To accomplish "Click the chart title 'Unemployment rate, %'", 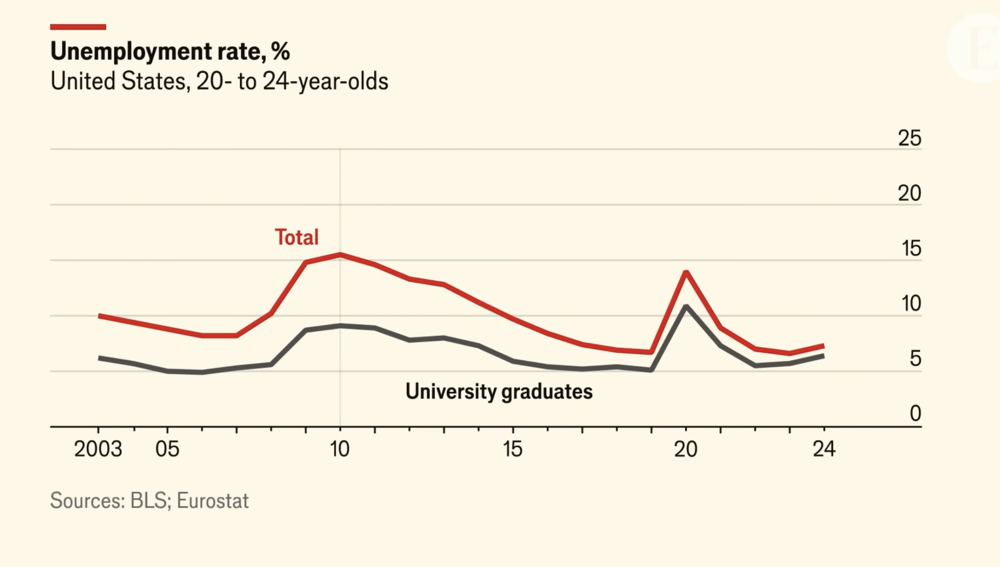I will pyautogui.click(x=170, y=51).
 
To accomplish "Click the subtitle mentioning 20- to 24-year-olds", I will pyautogui.click(x=219, y=81).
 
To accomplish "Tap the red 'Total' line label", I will pyautogui.click(x=296, y=237).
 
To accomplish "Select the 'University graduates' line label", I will pyautogui.click(x=499, y=392).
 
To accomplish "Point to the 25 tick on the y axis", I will pyautogui.click(x=909, y=138).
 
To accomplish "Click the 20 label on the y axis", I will pyautogui.click(x=909, y=193).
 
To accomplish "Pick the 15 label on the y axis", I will pyautogui.click(x=911, y=249).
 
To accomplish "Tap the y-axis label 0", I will pyautogui.click(x=915, y=414).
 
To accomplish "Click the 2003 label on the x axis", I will pyautogui.click(x=98, y=449).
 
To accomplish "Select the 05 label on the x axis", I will pyautogui.click(x=167, y=449).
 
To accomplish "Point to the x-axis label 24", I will pyautogui.click(x=824, y=449).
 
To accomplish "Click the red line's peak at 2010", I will pyautogui.click(x=340, y=254).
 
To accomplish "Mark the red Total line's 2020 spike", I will pyautogui.click(x=686, y=272).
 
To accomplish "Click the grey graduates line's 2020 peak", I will pyautogui.click(x=686, y=307).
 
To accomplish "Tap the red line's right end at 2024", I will pyautogui.click(x=823, y=346).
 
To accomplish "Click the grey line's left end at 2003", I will pyautogui.click(x=100, y=358).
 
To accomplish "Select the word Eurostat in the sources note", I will pyautogui.click(x=212, y=501).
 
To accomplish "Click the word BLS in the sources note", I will pyautogui.click(x=148, y=501).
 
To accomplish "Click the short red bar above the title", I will pyautogui.click(x=78, y=27).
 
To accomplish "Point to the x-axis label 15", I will pyautogui.click(x=513, y=449).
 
